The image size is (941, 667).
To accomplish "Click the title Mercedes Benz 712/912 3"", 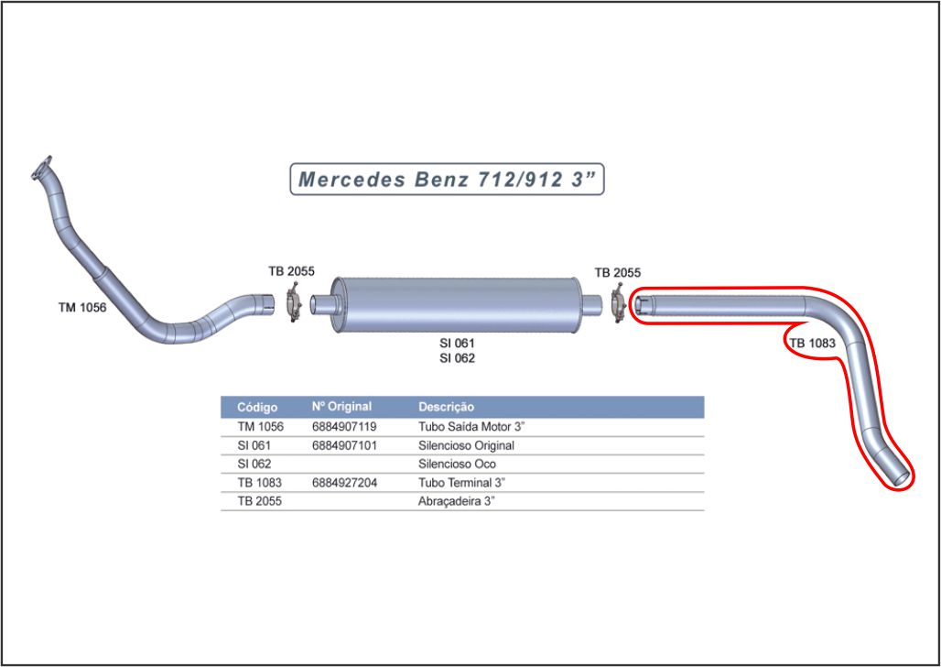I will [447, 179].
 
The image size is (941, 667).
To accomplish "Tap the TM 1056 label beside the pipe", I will [81, 308].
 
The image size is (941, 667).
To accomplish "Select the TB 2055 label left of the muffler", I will [291, 271].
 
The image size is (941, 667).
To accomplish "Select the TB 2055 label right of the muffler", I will [617, 272].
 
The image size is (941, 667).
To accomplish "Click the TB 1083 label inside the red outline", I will [812, 343].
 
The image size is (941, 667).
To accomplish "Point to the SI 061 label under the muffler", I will [457, 343].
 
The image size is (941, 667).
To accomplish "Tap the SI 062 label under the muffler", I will [457, 358].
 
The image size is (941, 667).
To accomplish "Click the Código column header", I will [256, 407].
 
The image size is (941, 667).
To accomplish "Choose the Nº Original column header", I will [341, 407].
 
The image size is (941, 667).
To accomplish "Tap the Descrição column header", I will [446, 407].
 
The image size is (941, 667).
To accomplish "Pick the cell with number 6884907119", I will [344, 427].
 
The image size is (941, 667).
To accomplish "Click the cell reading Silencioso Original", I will [466, 445].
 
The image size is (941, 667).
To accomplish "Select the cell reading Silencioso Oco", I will [457, 465].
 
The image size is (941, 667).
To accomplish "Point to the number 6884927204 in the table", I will [344, 483].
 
